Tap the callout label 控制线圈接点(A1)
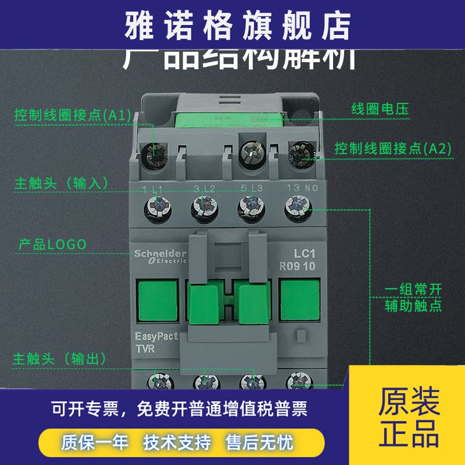tap(73, 115)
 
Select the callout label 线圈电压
tap(381, 109)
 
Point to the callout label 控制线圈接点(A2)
tap(393, 148)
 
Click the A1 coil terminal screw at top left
tap(155, 154)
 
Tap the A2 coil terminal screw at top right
tap(300, 154)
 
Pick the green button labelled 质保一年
tap(95, 443)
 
